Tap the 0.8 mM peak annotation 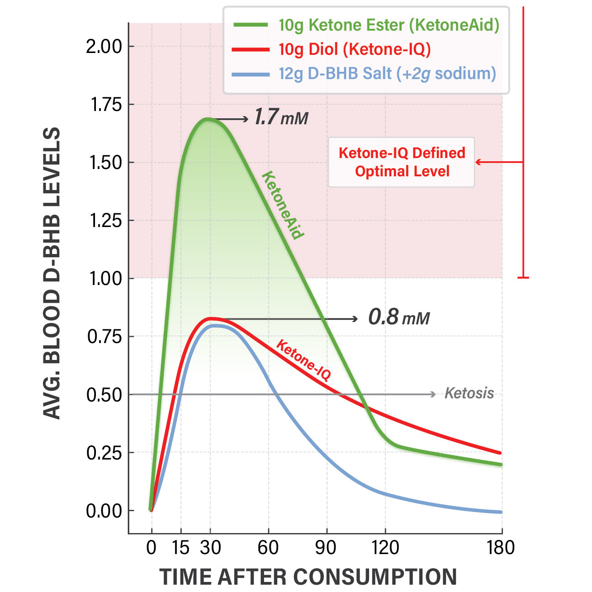click(399, 317)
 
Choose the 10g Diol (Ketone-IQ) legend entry click(354, 49)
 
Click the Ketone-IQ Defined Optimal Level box click(402, 162)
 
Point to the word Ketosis click(469, 393)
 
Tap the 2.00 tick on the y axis click(104, 46)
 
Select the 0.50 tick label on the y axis click(104, 395)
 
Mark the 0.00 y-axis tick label click(104, 511)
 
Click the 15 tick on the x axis click(181, 547)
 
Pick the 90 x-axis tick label click(326, 547)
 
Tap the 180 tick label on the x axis click(501, 547)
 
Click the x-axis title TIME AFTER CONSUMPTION click(308, 576)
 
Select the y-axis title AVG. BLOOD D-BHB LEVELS click(52, 273)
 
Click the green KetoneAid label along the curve click(282, 205)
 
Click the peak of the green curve click(208, 119)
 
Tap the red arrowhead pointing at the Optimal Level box click(478, 162)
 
